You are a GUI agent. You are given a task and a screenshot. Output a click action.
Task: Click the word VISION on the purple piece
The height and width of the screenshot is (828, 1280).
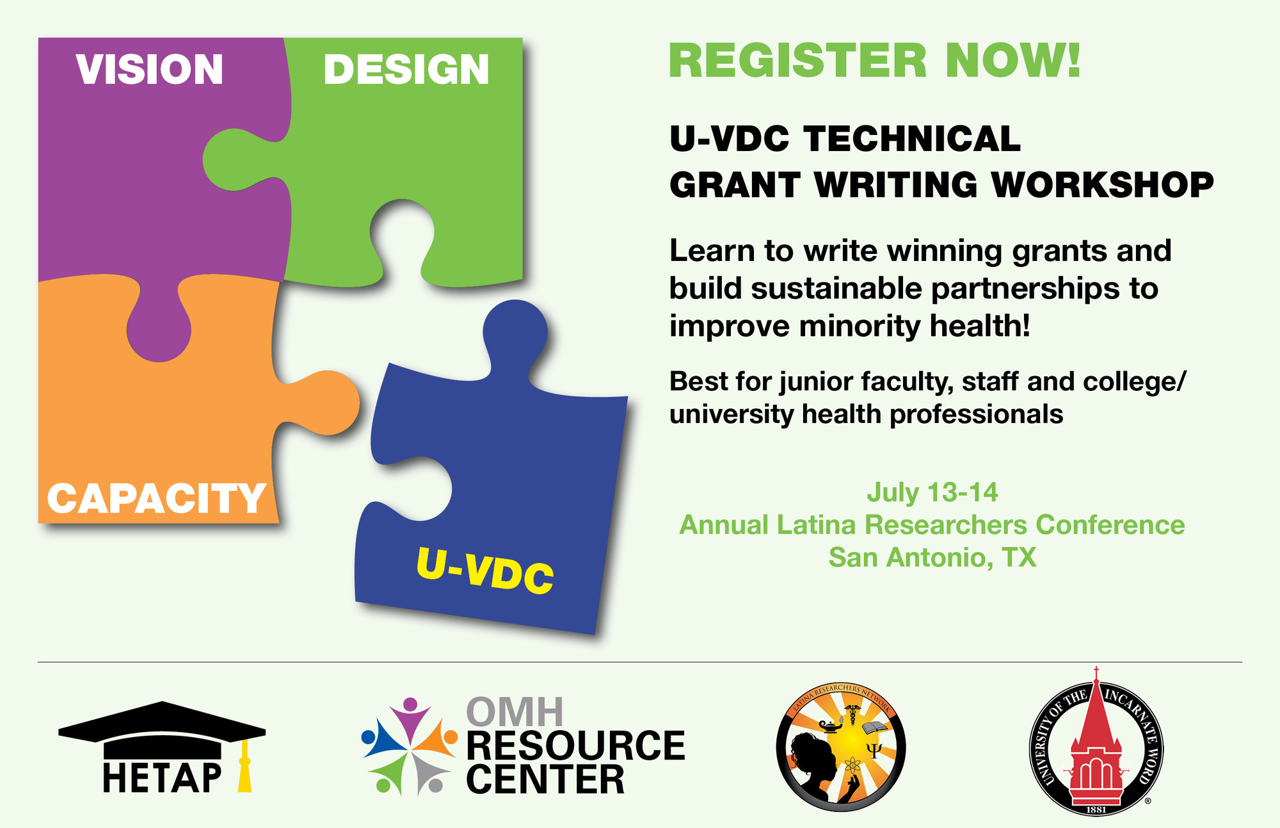(150, 69)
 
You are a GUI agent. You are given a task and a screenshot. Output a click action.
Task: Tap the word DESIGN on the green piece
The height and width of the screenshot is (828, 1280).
(406, 69)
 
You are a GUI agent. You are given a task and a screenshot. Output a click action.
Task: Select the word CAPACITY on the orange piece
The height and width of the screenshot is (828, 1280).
(157, 498)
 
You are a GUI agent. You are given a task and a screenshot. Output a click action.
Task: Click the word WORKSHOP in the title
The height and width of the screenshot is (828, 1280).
(1102, 185)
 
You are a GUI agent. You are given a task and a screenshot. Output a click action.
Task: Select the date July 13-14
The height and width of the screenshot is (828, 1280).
(932, 492)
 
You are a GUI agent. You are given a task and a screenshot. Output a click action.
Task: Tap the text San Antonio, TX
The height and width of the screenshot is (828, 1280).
(932, 557)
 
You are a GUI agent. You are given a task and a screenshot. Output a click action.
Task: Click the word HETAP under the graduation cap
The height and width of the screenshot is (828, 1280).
(162, 778)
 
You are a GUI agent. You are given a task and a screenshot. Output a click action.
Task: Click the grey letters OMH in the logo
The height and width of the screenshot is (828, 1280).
(515, 712)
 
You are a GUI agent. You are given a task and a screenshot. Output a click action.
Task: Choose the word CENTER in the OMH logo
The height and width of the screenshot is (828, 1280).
(545, 779)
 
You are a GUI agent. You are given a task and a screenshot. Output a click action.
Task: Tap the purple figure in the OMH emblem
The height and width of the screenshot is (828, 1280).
(409, 719)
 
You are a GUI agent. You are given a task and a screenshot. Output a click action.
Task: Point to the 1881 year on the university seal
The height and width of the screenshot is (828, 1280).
(1096, 809)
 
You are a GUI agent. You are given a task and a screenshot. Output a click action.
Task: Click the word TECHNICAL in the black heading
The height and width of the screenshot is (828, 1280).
(912, 139)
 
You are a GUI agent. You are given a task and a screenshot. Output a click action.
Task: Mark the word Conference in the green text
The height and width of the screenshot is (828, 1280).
(1110, 525)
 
